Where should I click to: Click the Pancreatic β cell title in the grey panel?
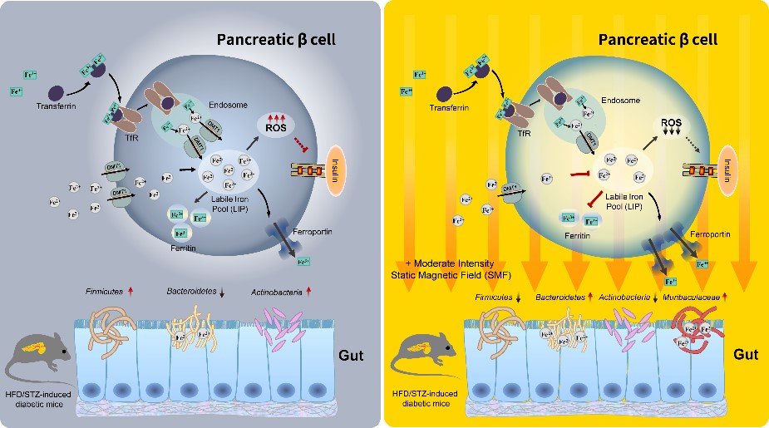[277, 39]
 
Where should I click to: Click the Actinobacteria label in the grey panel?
[278, 292]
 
